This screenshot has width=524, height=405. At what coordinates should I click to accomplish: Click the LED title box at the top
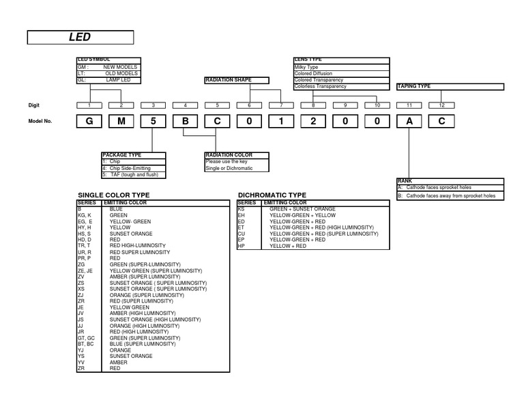click(x=80, y=38)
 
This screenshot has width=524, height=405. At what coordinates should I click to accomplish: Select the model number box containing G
click(x=89, y=122)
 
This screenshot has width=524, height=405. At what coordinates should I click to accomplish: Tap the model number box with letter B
click(x=185, y=122)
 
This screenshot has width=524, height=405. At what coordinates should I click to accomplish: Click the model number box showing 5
click(x=153, y=122)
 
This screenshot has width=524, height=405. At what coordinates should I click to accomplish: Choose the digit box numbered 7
click(x=281, y=104)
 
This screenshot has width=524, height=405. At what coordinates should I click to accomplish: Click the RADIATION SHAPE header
click(x=229, y=81)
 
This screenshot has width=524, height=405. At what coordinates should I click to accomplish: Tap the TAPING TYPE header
click(x=414, y=87)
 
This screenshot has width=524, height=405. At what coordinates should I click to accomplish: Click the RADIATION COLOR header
click(x=229, y=156)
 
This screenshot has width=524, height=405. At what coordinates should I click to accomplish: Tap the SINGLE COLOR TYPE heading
click(x=114, y=195)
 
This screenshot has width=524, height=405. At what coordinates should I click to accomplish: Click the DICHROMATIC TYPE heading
click(x=272, y=195)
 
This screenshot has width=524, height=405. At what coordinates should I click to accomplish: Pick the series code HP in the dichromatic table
click(x=241, y=245)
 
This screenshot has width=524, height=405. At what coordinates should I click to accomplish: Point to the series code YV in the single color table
click(x=81, y=363)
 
